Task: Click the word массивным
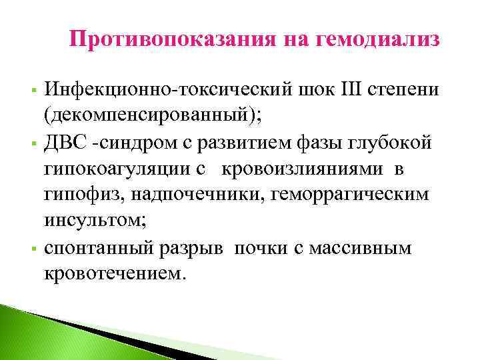[x=369, y=249]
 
